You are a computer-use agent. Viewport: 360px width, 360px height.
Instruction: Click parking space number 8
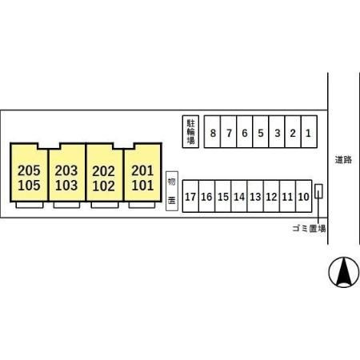(x=212, y=132)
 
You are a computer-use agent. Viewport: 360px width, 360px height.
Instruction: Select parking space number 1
(x=309, y=132)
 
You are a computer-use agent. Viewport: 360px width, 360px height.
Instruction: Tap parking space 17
(x=190, y=196)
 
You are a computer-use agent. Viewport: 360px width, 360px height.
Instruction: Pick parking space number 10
(x=304, y=196)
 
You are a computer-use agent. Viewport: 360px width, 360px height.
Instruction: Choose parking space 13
(x=255, y=196)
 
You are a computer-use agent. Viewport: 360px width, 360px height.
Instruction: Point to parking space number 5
(x=261, y=132)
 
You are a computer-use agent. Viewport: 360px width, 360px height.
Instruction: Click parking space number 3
(x=277, y=132)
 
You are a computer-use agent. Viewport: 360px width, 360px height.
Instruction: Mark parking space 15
(x=223, y=196)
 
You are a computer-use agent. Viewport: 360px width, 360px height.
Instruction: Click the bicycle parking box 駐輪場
(x=190, y=132)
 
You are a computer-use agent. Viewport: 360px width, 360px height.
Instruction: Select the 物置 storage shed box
(x=172, y=191)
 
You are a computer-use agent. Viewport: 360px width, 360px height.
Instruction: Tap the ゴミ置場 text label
(x=309, y=229)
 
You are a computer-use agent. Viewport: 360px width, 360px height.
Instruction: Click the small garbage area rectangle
(x=318, y=191)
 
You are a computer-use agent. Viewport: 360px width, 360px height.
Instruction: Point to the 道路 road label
(x=343, y=160)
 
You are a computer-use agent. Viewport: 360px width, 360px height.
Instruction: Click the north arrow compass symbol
(x=344, y=272)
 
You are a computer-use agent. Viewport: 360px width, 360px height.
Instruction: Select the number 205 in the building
(x=29, y=170)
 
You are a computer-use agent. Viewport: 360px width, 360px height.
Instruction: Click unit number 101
(x=142, y=186)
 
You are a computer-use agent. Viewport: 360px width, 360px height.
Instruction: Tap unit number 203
(x=66, y=170)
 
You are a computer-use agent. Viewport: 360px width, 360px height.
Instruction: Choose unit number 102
(x=104, y=186)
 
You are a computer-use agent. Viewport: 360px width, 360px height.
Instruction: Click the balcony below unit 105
(x=30, y=205)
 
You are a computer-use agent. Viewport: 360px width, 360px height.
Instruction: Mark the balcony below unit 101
(x=142, y=205)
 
